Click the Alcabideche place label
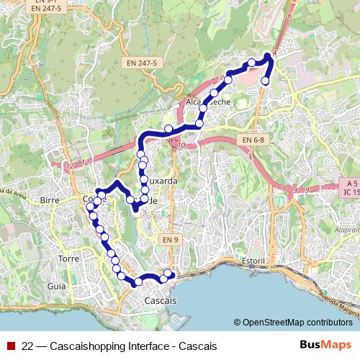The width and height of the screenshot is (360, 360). [208, 103]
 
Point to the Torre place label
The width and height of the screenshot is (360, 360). [69, 258]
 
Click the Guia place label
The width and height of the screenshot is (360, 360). [56, 286]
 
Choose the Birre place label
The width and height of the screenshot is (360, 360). [50, 199]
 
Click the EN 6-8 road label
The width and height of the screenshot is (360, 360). [253, 139]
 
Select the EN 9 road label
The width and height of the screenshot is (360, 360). [169, 239]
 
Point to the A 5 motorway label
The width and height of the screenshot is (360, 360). [347, 184]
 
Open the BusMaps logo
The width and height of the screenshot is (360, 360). [326, 346]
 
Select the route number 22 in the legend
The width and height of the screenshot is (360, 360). [27, 346]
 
